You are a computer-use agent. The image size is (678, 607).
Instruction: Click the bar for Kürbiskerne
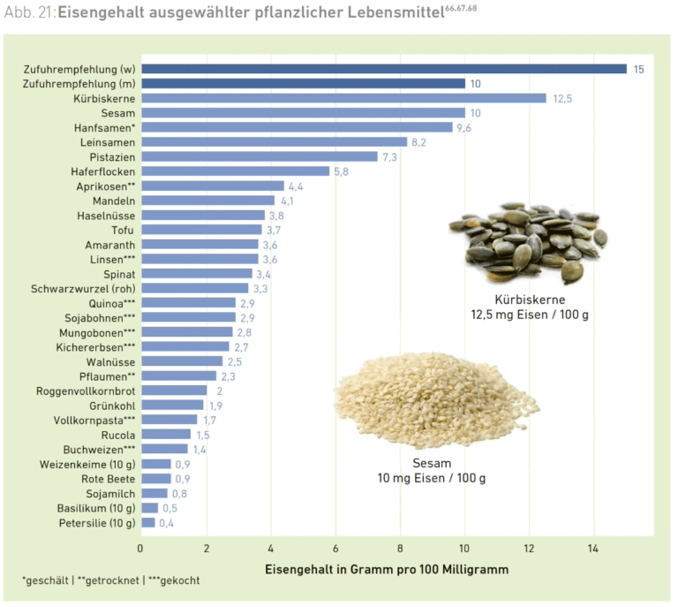click(343, 98)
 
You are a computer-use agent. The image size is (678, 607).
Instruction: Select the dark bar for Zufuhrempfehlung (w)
click(383, 69)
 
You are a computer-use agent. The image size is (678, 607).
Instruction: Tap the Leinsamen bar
click(274, 142)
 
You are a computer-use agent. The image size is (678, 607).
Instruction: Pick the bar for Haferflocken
click(235, 171)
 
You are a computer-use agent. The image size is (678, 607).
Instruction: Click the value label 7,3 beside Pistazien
click(388, 156)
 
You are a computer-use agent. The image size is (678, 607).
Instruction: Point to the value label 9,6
click(463, 127)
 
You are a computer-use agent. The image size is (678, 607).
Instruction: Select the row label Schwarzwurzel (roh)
click(83, 288)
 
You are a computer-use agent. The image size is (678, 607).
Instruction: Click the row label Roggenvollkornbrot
click(86, 391)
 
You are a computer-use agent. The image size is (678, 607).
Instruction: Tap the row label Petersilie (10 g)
click(97, 522)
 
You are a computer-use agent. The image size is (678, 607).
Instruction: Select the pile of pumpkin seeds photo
click(528, 241)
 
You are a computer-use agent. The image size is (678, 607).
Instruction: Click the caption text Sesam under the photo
click(432, 463)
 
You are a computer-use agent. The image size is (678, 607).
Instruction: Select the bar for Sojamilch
click(154, 493)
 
